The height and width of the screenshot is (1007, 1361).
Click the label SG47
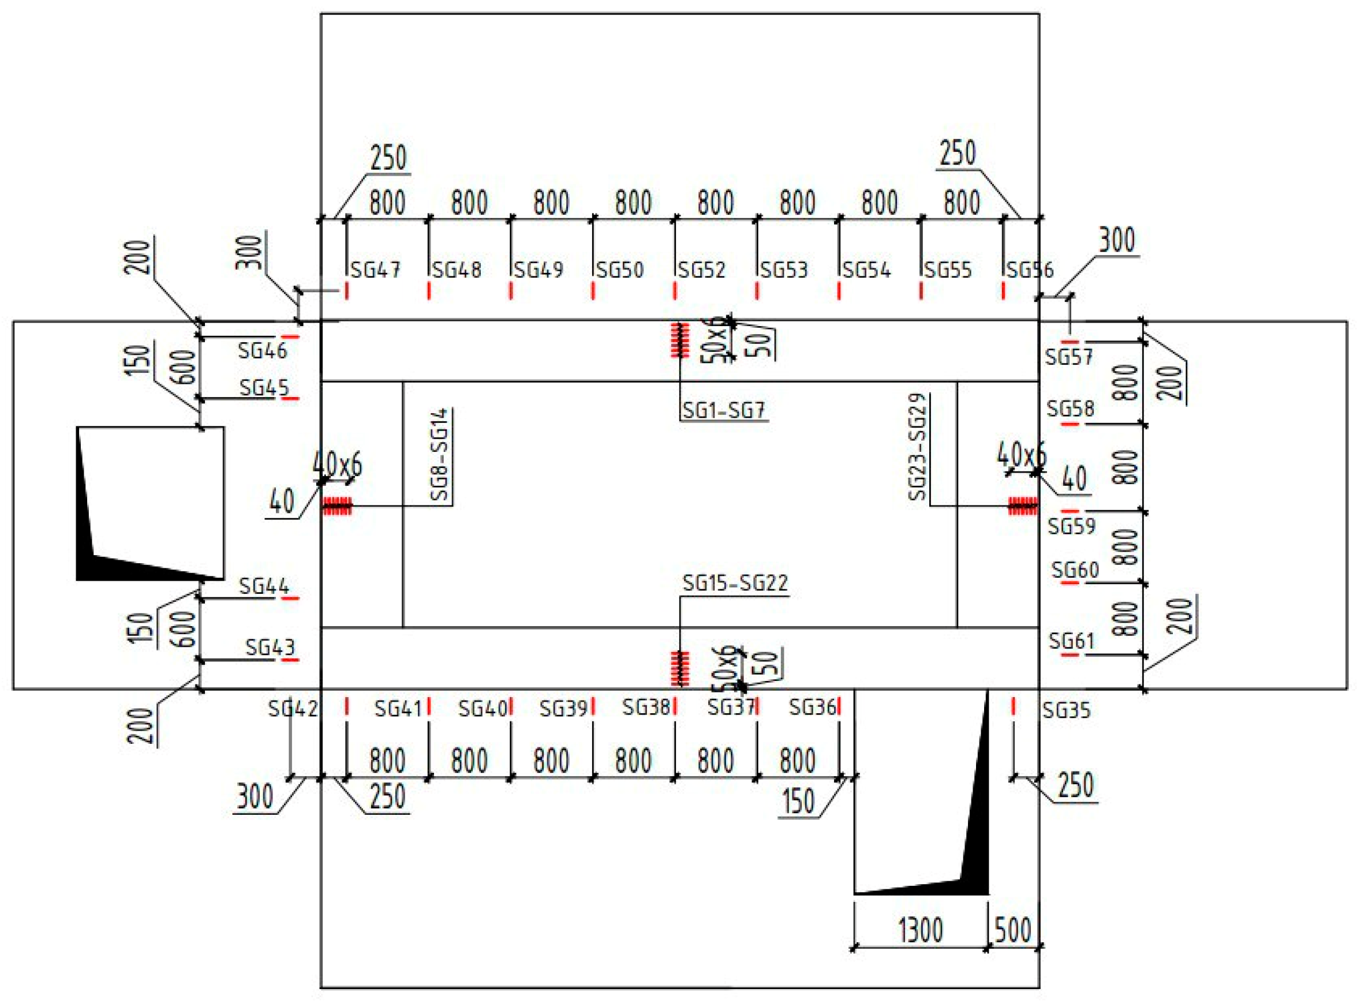[375, 269]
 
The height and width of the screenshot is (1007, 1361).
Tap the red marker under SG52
[675, 291]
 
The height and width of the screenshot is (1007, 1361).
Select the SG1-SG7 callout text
[723, 411]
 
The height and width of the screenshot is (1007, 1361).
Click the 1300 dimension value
[921, 930]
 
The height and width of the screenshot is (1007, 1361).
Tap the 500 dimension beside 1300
[1013, 930]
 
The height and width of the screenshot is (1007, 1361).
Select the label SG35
[1066, 710]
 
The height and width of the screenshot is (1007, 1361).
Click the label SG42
[293, 708]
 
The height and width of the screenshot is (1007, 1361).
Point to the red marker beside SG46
[290, 336]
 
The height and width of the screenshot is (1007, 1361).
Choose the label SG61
[1071, 641]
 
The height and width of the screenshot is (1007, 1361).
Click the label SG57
[1069, 357]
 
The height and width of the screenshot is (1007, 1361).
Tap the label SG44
[264, 586]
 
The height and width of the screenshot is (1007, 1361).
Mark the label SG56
[1030, 269]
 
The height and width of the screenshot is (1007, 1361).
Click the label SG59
[1071, 526]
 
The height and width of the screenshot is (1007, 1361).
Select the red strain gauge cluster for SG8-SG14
[337, 506]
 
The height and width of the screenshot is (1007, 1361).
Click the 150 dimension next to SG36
[798, 801]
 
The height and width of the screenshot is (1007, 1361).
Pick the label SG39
[563, 708]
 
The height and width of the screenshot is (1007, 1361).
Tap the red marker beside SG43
[290, 660]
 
